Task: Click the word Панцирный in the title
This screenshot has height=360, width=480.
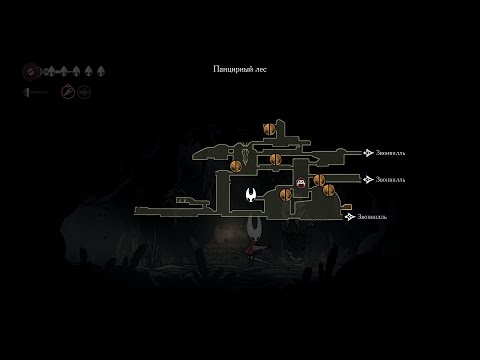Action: click(232, 69)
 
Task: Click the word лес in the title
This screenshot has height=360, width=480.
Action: click(260, 69)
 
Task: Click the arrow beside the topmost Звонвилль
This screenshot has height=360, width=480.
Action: click(368, 153)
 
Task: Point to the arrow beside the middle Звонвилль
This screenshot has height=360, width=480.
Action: click(368, 180)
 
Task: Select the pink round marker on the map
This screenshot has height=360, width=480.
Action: click(301, 183)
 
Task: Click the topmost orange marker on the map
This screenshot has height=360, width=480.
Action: click(268, 128)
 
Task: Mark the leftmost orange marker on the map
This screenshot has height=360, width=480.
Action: click(236, 166)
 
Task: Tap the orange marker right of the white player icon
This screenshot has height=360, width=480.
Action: click(283, 194)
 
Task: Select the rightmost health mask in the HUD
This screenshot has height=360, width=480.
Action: click(101, 72)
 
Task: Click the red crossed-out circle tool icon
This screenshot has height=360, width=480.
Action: click(67, 92)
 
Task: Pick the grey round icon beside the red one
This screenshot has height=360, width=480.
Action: click(84, 92)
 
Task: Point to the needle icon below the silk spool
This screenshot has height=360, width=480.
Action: click(37, 92)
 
